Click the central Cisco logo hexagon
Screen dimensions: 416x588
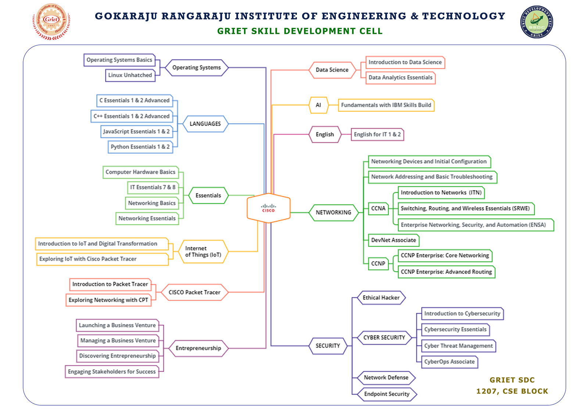point(269,208)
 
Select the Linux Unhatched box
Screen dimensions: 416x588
point(130,75)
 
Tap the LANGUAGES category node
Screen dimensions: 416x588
point(205,124)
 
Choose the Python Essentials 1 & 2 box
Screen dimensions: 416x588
point(140,147)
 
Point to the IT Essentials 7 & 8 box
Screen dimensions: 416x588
point(153,187)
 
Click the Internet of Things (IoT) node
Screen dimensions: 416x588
point(203,252)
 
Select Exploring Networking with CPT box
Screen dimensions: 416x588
point(108,300)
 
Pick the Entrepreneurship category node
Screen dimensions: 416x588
point(198,348)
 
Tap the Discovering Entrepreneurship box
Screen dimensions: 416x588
point(117,356)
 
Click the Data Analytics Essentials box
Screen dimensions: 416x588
point(400,78)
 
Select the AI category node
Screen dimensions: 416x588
point(318,105)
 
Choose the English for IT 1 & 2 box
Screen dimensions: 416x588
point(377,135)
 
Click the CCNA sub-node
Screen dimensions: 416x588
point(378,209)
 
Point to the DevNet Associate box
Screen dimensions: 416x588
point(393,240)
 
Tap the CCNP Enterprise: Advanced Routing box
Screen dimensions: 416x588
point(446,272)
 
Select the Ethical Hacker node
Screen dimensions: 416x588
point(381,298)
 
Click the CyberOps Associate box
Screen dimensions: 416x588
point(449,362)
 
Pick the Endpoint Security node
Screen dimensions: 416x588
point(387,394)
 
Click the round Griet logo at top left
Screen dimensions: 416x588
point(51,21)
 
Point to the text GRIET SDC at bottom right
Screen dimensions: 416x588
point(512,380)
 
